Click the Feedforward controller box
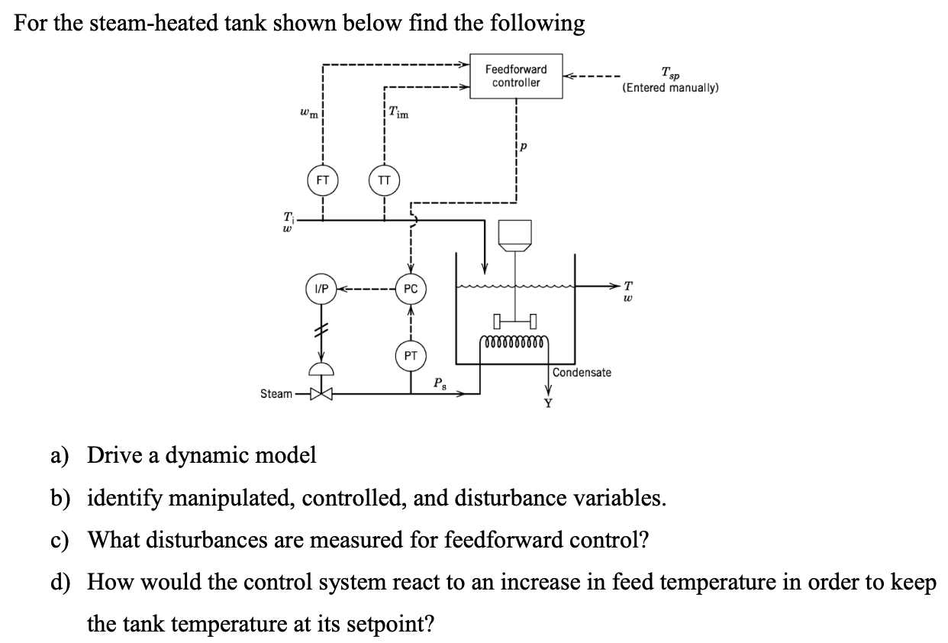[x=516, y=76]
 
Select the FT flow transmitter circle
[x=323, y=181]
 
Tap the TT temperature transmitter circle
[x=384, y=181]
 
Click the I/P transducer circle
[x=321, y=289]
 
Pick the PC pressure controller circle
[x=411, y=289]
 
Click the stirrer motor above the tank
[x=516, y=233]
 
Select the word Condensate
[x=582, y=372]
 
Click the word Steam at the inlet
[x=276, y=394]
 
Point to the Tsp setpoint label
[x=671, y=74]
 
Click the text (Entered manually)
[x=670, y=89]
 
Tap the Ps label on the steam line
[x=440, y=383]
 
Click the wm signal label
[x=307, y=114]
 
